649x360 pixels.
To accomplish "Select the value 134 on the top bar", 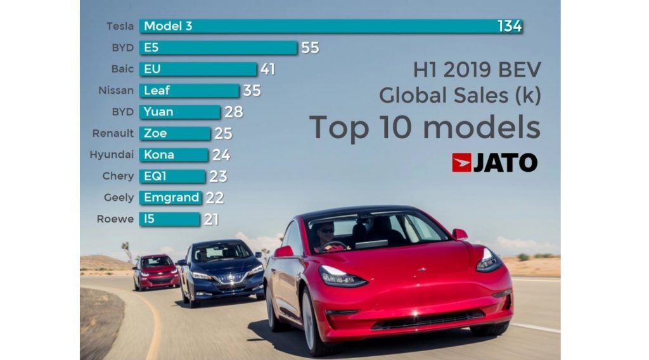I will click(510, 26).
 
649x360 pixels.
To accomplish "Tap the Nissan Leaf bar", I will click(189, 91).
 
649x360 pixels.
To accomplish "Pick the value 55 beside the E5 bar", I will click(310, 48).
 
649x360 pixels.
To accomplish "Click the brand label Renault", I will click(113, 134).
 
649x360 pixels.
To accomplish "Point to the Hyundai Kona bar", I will click(174, 155).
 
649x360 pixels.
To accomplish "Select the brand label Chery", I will click(118, 176).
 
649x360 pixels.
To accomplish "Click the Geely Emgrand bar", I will click(170, 198).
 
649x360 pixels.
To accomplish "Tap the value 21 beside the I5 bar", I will click(211, 219).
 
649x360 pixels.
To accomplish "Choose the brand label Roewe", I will click(116, 219).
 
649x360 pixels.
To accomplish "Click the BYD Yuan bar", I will click(179, 112).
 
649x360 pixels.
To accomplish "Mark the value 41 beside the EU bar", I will click(267, 69).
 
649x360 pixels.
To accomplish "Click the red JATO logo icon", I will click(461, 162).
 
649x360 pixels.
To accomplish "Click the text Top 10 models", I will click(425, 127).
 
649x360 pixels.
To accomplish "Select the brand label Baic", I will click(122, 69).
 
